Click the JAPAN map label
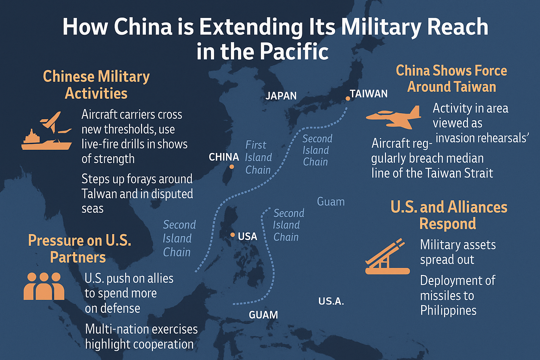pos(281,96)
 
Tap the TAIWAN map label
pos(369,94)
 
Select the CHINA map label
pos(224,157)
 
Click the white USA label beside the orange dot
pos(247,237)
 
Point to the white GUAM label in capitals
pos(263,315)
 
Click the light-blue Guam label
pos(330,202)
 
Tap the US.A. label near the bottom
pos(331,301)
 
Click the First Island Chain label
pos(258,157)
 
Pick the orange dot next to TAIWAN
pos(348,98)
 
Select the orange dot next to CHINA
pos(232,167)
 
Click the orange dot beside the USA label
pos(232,234)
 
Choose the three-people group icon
pos(44,286)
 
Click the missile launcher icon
pos(387,258)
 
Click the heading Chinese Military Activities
pos(96,85)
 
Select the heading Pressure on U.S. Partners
pos(79,249)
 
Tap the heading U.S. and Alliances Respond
pos(449,215)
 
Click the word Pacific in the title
pos(294,52)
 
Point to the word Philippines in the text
pos(448,310)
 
